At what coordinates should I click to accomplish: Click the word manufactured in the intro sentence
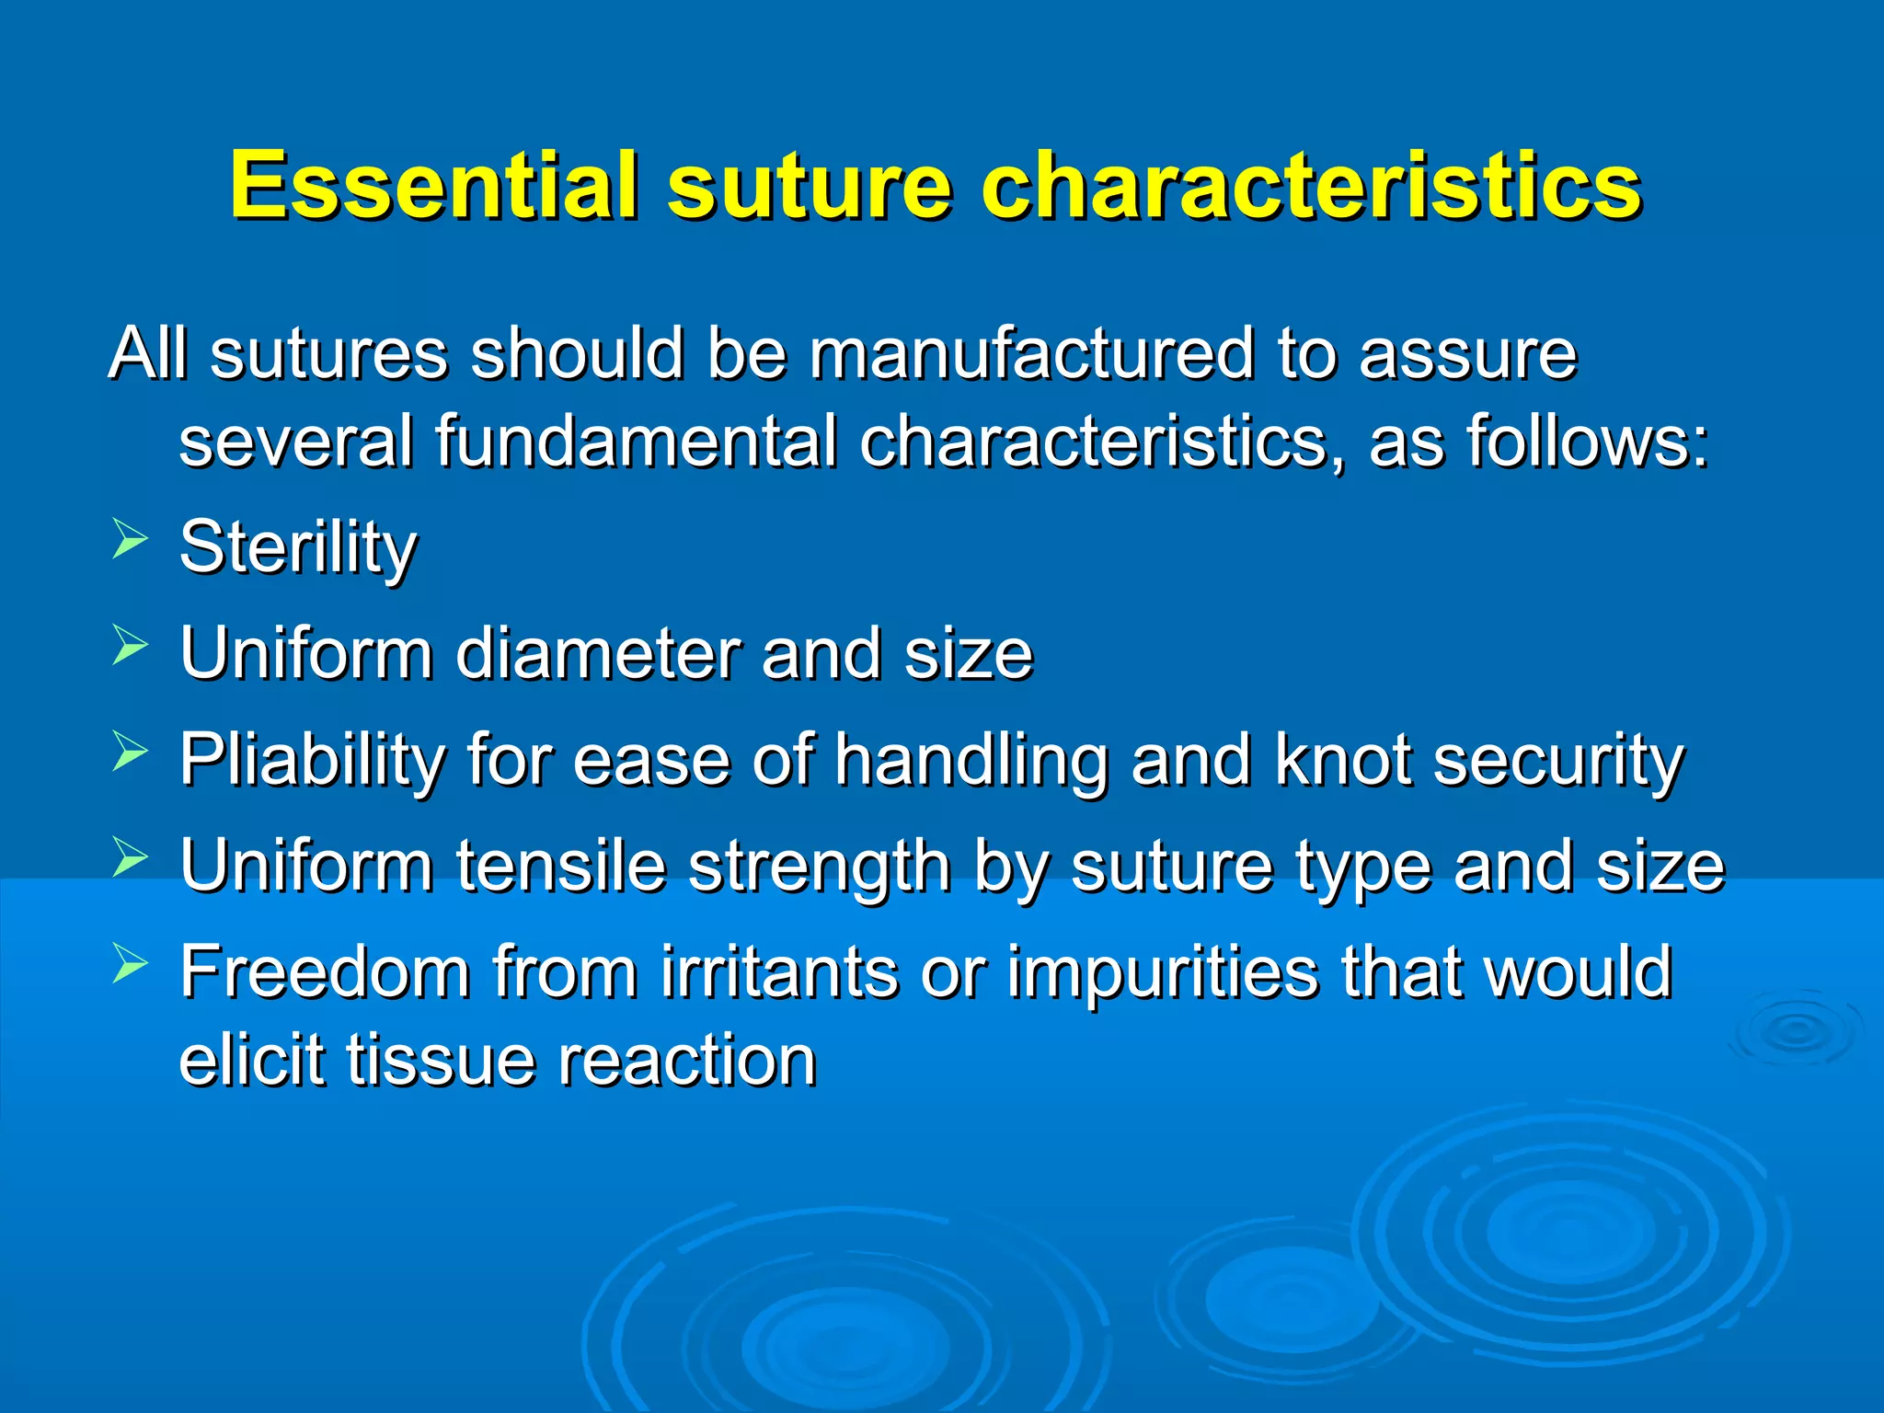coord(1030,353)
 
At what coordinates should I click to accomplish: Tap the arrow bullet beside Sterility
coord(130,538)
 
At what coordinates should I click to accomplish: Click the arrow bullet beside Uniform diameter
coord(130,644)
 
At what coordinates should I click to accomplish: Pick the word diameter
coord(597,654)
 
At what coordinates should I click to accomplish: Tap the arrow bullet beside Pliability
coord(130,751)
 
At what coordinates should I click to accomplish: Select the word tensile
coord(561,867)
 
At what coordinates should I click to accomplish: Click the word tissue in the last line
coord(440,1061)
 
